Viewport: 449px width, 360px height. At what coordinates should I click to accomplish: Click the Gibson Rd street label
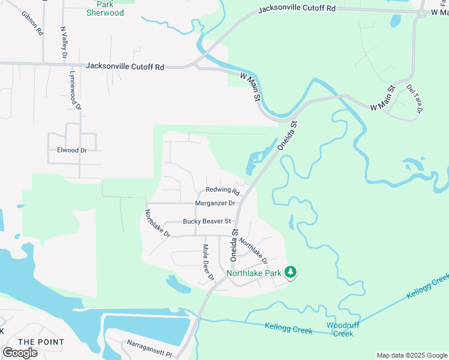32,22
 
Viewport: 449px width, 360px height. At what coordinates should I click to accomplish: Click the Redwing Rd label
223,191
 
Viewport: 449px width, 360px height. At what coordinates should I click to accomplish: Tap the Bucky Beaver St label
207,221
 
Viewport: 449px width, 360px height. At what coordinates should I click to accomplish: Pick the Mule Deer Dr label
208,262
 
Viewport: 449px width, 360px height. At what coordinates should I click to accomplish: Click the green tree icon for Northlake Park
291,273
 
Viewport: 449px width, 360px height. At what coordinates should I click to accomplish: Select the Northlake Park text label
254,273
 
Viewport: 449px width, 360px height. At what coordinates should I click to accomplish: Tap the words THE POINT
41,342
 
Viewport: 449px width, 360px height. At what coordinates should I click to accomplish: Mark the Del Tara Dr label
415,99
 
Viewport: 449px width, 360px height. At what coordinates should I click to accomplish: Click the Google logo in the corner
20,353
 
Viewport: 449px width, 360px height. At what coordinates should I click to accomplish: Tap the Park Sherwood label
105,9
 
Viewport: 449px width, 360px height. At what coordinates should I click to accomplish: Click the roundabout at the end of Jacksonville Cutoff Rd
422,14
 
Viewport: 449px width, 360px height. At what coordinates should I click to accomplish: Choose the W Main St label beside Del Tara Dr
382,98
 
